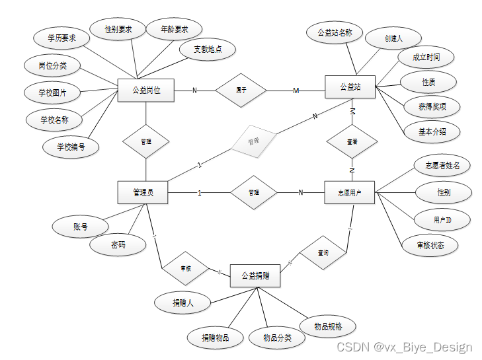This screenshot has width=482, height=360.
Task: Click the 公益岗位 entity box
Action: click(145, 90)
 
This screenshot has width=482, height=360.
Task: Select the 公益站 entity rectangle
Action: click(350, 87)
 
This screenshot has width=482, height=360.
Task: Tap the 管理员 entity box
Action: click(143, 193)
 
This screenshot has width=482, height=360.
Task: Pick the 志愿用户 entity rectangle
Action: click(350, 193)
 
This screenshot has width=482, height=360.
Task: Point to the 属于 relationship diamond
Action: click(241, 89)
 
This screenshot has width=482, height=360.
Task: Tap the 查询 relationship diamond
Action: click(323, 252)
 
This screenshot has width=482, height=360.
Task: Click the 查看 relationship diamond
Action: click(352, 141)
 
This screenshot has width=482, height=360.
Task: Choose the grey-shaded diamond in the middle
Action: click(253, 141)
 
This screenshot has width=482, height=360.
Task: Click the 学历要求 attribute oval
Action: click(61, 38)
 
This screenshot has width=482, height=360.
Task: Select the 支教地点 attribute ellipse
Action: click(208, 50)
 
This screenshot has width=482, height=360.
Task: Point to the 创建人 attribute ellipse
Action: click(393, 38)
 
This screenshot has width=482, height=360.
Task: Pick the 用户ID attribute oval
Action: click(442, 219)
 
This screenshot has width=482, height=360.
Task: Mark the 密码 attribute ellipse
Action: click(118, 245)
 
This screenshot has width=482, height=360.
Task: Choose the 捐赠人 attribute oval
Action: click(182, 303)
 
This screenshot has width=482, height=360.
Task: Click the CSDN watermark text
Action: click(404, 347)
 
